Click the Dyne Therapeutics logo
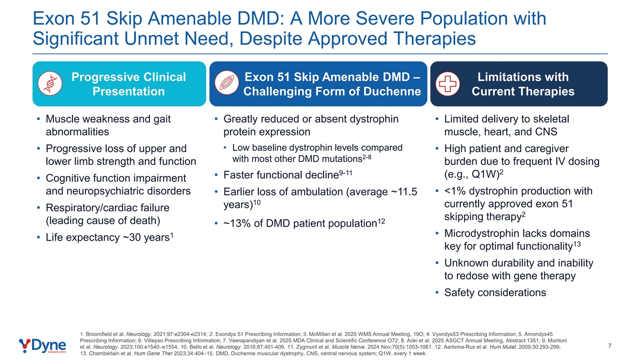43,346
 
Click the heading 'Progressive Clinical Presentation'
129,84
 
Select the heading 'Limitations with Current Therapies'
523,84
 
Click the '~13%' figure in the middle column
237,223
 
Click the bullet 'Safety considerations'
495,292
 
